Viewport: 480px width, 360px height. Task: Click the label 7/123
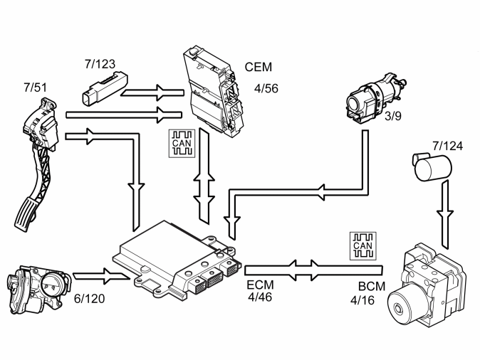click(x=100, y=64)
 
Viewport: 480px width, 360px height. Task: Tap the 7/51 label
click(x=35, y=88)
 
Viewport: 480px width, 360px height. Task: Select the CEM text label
click(x=258, y=67)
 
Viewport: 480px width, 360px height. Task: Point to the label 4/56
click(x=266, y=88)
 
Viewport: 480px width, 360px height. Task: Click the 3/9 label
click(x=392, y=116)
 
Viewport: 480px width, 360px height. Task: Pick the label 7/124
click(x=447, y=146)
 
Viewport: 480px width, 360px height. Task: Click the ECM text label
click(x=260, y=285)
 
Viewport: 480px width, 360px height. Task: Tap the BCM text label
click(x=372, y=286)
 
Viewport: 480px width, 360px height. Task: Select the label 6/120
click(x=90, y=299)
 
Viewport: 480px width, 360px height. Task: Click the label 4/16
click(x=362, y=300)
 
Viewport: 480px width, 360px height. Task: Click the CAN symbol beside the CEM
click(x=182, y=143)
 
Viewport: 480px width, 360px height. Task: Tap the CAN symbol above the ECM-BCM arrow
click(x=363, y=246)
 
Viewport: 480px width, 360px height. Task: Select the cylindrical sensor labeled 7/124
click(x=432, y=166)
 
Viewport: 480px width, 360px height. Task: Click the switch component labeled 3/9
click(x=377, y=98)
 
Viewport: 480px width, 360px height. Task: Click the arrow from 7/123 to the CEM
click(x=152, y=92)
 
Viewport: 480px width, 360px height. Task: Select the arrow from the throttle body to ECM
click(x=101, y=276)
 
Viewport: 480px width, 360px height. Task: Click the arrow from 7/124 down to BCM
click(x=445, y=213)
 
